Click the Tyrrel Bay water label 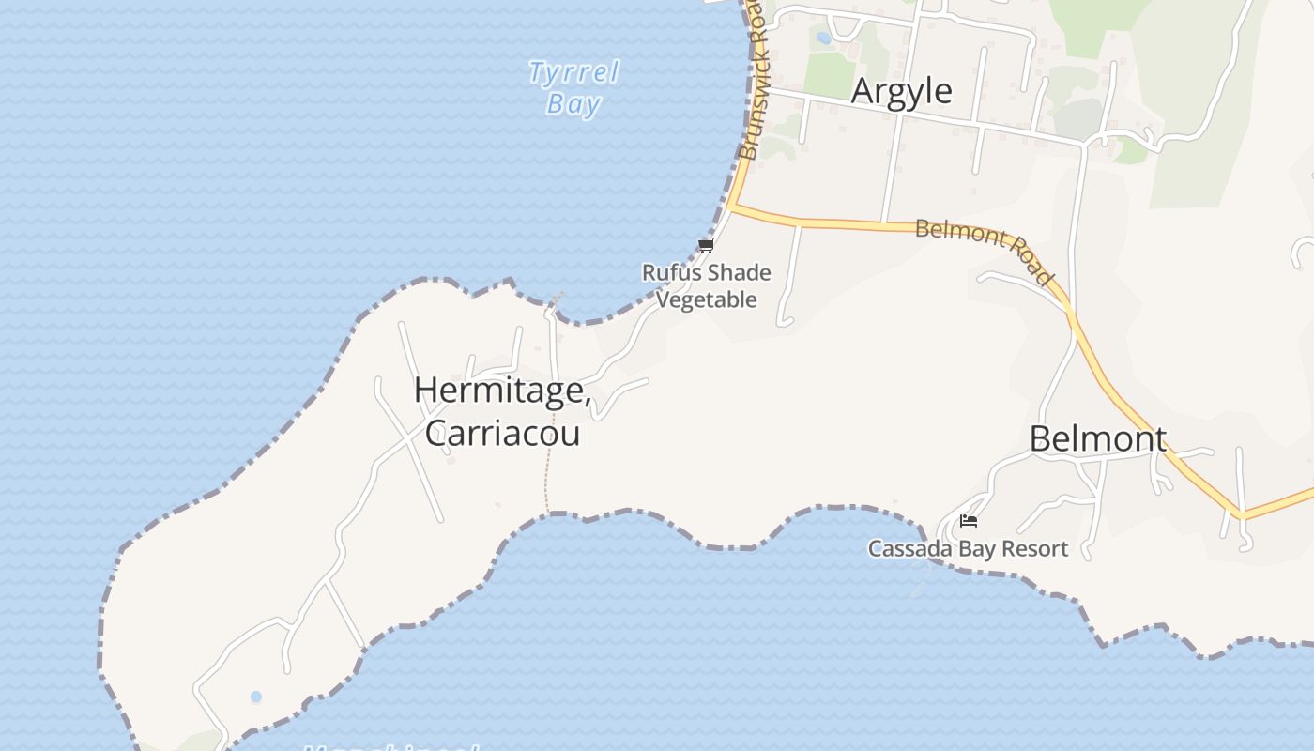point(573,87)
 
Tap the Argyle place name point(901,91)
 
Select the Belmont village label point(1098,439)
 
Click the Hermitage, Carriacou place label point(502,411)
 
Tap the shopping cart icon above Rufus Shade point(707,246)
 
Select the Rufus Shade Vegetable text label point(706,286)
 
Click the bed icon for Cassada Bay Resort point(969,521)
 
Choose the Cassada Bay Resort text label point(968,549)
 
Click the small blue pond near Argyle point(823,38)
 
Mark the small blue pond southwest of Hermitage point(256,697)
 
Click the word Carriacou point(502,433)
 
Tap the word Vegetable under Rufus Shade point(706,300)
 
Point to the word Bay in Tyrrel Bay point(573,103)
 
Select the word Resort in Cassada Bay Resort point(1034,549)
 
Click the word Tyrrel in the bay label point(573,72)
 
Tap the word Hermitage point(499,391)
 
